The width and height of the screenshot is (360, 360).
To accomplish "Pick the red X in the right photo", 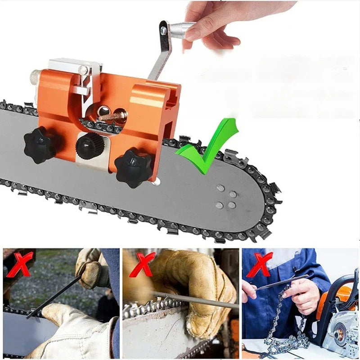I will click(260, 265).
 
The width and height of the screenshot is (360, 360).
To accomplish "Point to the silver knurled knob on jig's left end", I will click(33, 77).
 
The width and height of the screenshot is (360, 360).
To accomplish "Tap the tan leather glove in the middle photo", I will click(198, 279).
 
